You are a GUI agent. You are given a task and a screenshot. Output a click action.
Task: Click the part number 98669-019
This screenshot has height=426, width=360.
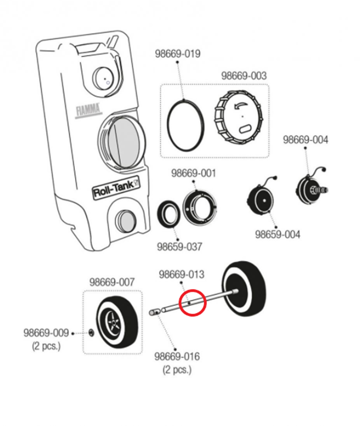(178, 54)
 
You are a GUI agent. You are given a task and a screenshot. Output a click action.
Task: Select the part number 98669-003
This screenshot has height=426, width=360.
(244, 76)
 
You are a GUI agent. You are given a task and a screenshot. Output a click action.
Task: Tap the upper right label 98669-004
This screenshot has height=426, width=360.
(306, 140)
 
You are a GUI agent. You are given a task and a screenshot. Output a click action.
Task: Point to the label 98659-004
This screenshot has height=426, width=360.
(278, 234)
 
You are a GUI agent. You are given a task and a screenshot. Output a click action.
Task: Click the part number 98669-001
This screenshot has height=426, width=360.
(193, 173)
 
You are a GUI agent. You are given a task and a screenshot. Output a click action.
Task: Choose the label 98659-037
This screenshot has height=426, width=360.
(180, 247)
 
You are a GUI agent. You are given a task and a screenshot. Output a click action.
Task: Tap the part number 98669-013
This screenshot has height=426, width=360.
(182, 275)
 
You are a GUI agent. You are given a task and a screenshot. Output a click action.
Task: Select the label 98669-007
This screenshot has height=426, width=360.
(112, 282)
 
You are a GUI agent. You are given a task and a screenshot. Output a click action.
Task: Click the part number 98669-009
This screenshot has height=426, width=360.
(46, 333)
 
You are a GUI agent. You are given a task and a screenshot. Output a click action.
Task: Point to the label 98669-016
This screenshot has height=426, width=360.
(177, 356)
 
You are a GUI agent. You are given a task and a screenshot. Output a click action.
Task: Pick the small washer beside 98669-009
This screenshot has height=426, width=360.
(91, 332)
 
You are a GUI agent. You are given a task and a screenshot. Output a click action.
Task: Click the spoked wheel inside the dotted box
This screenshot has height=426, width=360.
(117, 322)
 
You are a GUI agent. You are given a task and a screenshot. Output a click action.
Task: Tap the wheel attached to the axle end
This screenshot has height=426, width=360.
(244, 289)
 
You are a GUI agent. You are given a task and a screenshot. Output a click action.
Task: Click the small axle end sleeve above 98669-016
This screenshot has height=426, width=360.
(155, 312)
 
